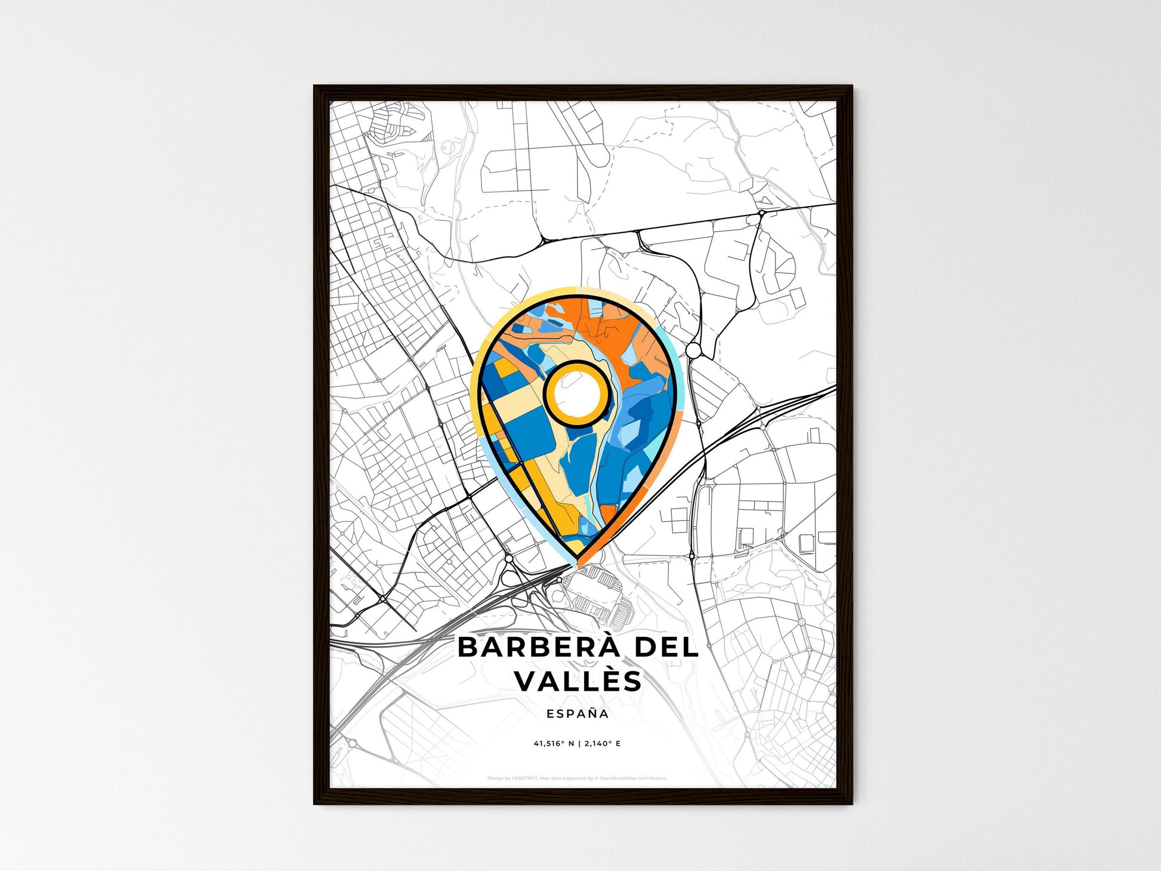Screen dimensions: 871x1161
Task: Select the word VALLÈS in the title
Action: [x=578, y=681]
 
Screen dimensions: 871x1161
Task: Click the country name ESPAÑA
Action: [x=578, y=714]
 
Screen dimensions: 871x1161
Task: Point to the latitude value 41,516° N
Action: [x=554, y=744]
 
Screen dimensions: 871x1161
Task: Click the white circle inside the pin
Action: [x=576, y=393]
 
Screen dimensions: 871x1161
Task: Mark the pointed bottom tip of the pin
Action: [x=578, y=563]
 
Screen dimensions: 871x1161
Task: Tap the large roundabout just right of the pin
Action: [x=693, y=350]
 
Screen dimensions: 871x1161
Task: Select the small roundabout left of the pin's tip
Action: [x=509, y=558]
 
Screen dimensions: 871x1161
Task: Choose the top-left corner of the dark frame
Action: [x=315, y=87]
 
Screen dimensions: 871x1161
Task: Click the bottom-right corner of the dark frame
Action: [x=851, y=803]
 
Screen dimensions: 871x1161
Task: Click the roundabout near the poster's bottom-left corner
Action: [x=352, y=744]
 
